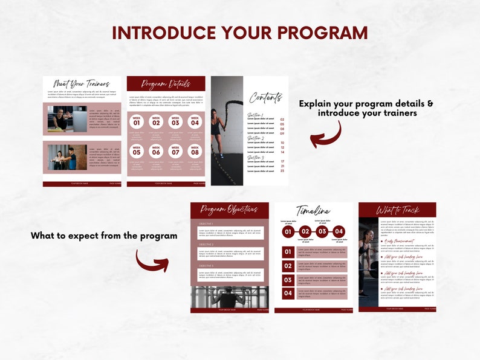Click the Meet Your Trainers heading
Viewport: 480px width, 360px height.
[82, 84]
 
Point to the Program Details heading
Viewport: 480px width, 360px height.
[166, 84]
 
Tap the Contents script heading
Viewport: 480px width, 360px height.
[266, 97]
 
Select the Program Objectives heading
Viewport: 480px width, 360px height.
[229, 210]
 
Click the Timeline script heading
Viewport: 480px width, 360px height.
[313, 211]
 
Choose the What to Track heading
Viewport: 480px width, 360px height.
[397, 210]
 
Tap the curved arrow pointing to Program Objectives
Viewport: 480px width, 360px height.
[152, 260]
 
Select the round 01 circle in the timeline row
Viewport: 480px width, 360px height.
[288, 231]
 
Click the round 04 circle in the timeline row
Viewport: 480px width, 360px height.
[339, 231]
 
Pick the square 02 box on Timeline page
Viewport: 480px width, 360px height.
[288, 266]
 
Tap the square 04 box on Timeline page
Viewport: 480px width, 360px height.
[288, 294]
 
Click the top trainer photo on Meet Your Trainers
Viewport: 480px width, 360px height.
[68, 119]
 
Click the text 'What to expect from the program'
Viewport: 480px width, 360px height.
[104, 236]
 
